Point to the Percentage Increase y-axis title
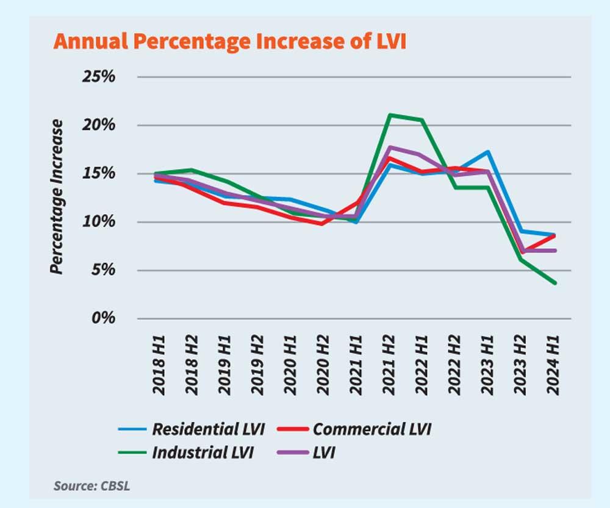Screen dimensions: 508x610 point(56,196)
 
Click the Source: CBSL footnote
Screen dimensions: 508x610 point(91,487)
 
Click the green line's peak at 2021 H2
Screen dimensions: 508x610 point(389,115)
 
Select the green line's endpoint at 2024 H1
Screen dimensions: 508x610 point(554,283)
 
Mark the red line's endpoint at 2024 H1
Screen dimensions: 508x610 point(554,235)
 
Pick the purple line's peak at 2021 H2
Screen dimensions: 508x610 point(389,147)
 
